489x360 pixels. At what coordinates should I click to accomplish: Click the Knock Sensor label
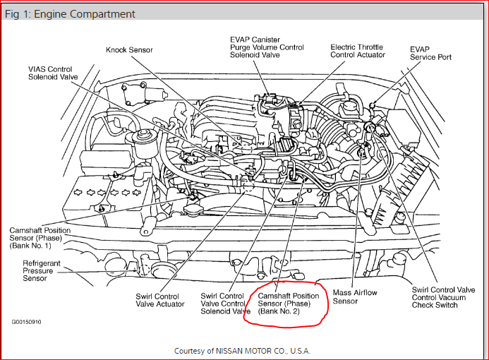pos(128,50)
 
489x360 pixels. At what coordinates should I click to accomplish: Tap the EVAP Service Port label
pos(430,53)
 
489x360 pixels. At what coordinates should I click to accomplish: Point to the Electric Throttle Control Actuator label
pos(358,51)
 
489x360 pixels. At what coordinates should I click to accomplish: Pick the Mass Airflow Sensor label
pos(356,296)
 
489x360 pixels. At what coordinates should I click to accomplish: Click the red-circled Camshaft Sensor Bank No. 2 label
pos(288,304)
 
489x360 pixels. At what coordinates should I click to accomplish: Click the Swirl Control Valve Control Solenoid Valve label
pos(225,304)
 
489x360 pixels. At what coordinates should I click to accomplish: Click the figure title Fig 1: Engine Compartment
pos(71,14)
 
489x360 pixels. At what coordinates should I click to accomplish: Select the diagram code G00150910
pos(25,321)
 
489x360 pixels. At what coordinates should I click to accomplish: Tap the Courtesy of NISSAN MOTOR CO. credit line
pos(242,350)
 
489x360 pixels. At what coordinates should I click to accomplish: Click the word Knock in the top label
pos(116,50)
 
